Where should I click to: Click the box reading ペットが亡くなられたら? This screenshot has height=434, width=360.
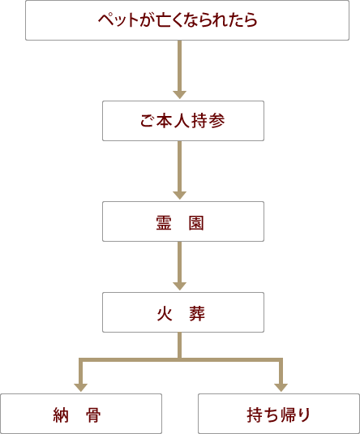tap(187, 20)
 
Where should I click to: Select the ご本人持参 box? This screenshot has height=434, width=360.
tap(183, 121)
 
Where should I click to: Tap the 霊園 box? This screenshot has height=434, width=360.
tap(183, 221)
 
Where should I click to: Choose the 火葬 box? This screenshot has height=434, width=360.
tap(183, 312)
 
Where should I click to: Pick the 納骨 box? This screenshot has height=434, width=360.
tap(81, 414)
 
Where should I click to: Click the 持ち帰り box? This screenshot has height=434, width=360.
tap(279, 414)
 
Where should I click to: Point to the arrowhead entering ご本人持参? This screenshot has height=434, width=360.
tap(179, 95)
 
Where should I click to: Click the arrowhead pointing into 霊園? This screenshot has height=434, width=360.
tap(179, 196)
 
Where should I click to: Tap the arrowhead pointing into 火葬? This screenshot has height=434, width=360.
tap(179, 286)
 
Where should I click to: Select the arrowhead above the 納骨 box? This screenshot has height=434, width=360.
tap(81, 388)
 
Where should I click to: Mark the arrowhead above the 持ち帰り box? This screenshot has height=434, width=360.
tap(281, 388)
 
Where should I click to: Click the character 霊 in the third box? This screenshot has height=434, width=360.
tap(164, 223)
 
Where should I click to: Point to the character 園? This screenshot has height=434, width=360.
tap(196, 223)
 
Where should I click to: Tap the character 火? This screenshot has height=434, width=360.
tap(165, 314)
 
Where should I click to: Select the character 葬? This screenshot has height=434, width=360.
tap(197, 314)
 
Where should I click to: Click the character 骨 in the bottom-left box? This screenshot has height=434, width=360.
tap(93, 415)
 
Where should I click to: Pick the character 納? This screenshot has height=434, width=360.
tap(61, 415)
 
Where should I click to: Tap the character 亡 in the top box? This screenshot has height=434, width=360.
tap(164, 20)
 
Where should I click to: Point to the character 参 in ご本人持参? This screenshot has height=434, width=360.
tap(217, 121)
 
